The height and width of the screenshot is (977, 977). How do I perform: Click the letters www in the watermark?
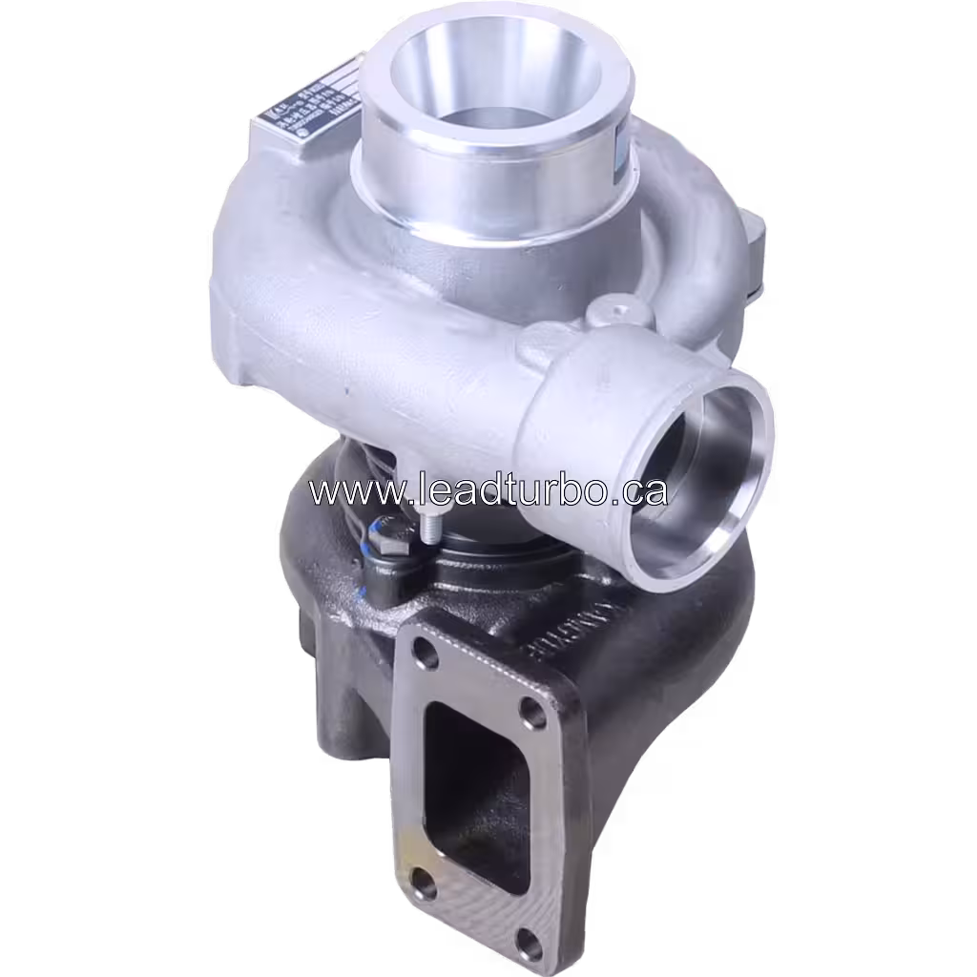tap(343, 490)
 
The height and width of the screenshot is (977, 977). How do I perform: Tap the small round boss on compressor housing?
tap(616, 309)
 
